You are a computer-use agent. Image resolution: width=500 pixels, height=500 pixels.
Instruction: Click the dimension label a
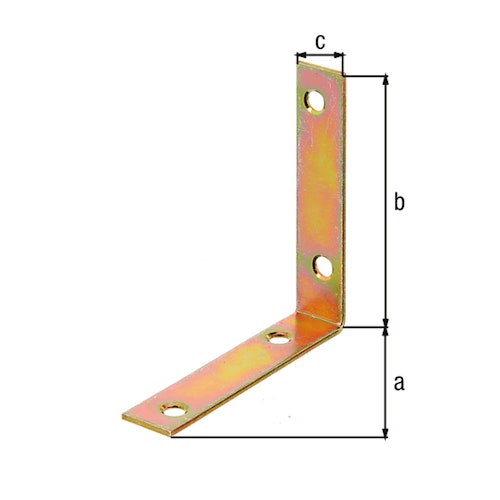pyautogui.click(x=399, y=382)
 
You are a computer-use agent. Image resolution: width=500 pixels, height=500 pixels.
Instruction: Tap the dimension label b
pyautogui.click(x=399, y=203)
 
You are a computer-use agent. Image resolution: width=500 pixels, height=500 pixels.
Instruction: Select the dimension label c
pyautogui.click(x=320, y=41)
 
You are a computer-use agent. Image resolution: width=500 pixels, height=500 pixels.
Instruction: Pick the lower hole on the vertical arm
pyautogui.click(x=323, y=266)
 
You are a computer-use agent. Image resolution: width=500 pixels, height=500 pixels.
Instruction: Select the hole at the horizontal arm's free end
pyautogui.click(x=177, y=410)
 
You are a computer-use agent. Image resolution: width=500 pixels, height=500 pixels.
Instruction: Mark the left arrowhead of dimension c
pyautogui.click(x=301, y=57)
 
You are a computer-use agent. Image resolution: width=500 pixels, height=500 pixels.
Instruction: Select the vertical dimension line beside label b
pyautogui.click(x=385, y=200)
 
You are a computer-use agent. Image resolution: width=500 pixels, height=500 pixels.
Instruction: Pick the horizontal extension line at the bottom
pyautogui.click(x=280, y=437)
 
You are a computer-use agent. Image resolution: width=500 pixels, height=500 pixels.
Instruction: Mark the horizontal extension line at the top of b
pyautogui.click(x=366, y=75)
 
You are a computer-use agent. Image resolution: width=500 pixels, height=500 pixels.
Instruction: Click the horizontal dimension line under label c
pyautogui.click(x=320, y=57)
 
